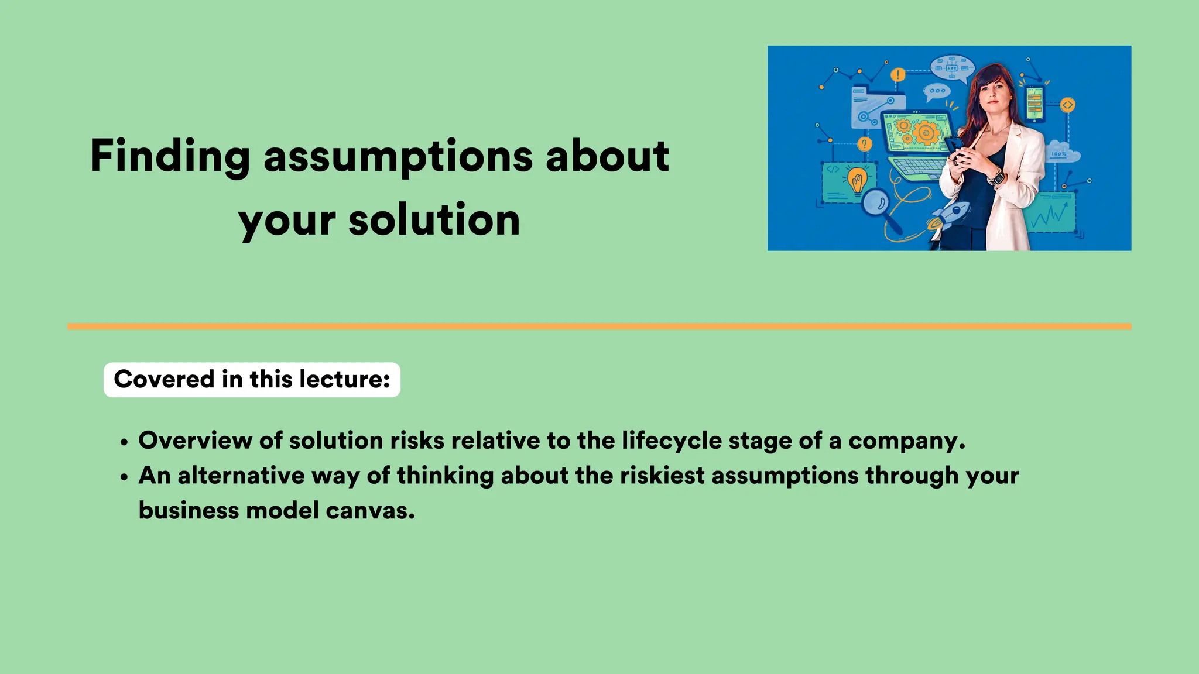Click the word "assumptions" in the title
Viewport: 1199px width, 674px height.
pos(398,157)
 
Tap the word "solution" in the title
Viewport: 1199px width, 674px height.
pos(434,221)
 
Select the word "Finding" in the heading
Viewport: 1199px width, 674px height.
pos(170,157)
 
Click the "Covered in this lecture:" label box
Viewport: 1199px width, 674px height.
pos(252,380)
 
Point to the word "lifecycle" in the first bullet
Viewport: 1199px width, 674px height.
pos(672,441)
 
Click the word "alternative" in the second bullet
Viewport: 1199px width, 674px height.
pos(241,476)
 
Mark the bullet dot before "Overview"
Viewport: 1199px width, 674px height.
pos(124,443)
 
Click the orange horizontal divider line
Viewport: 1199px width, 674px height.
pos(599,326)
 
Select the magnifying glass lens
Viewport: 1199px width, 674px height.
pos(876,202)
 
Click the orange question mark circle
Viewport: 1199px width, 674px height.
pos(864,144)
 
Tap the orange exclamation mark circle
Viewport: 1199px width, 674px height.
pos(897,75)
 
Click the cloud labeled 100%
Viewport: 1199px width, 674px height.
pos(1062,153)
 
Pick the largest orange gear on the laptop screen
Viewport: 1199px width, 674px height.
pos(926,133)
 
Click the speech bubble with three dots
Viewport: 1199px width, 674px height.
pos(937,91)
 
